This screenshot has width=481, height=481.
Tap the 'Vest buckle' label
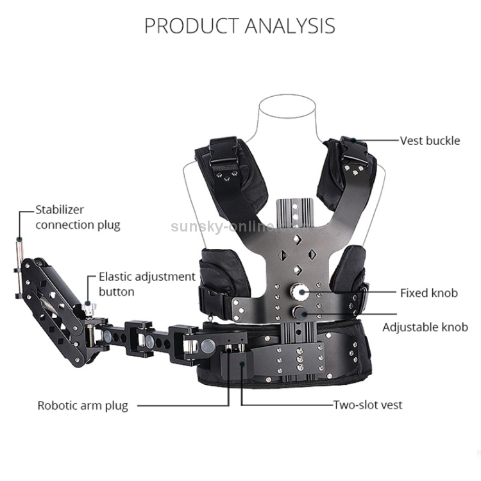tap(430, 140)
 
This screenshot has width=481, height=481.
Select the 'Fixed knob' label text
tap(429, 293)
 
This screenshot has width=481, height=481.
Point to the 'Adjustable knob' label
tap(425, 327)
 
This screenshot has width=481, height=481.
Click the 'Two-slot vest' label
tap(367, 405)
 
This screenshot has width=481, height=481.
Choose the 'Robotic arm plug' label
tap(83, 405)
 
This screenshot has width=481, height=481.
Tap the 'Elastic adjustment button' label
tap(146, 284)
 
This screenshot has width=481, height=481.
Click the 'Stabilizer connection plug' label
tap(78, 217)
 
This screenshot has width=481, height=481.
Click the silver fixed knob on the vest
tap(300, 292)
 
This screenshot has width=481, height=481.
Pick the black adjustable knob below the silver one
tap(300, 312)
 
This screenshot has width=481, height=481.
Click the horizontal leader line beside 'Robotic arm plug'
tap(182, 405)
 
